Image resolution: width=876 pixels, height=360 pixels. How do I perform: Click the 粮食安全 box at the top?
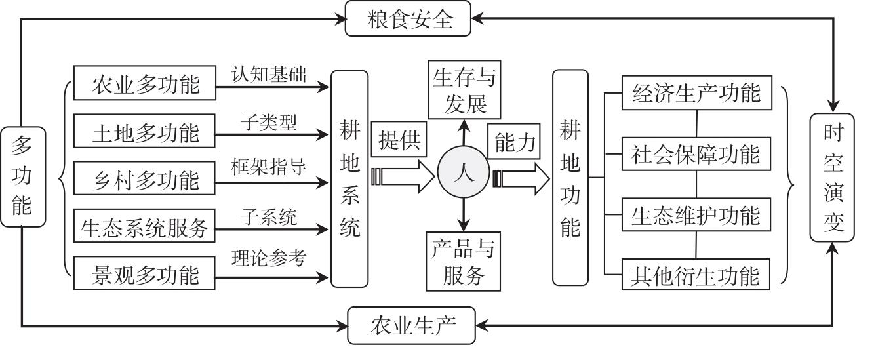coord(408,19)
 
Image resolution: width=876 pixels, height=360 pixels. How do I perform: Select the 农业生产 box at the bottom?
coord(411,325)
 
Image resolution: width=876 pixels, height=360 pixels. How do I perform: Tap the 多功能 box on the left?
coord(22,176)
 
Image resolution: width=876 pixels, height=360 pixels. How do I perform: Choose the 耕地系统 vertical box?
coord(349,178)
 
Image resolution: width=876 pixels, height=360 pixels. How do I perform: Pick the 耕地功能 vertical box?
coord(570,178)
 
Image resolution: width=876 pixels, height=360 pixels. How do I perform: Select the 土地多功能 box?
coord(145,132)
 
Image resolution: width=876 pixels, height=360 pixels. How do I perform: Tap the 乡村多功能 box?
coord(145,179)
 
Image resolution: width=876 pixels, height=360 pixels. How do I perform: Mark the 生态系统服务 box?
coord(145,227)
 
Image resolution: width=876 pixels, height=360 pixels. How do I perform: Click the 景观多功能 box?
coord(145,274)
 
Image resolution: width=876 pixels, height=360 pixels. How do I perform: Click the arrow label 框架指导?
coord(268,167)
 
